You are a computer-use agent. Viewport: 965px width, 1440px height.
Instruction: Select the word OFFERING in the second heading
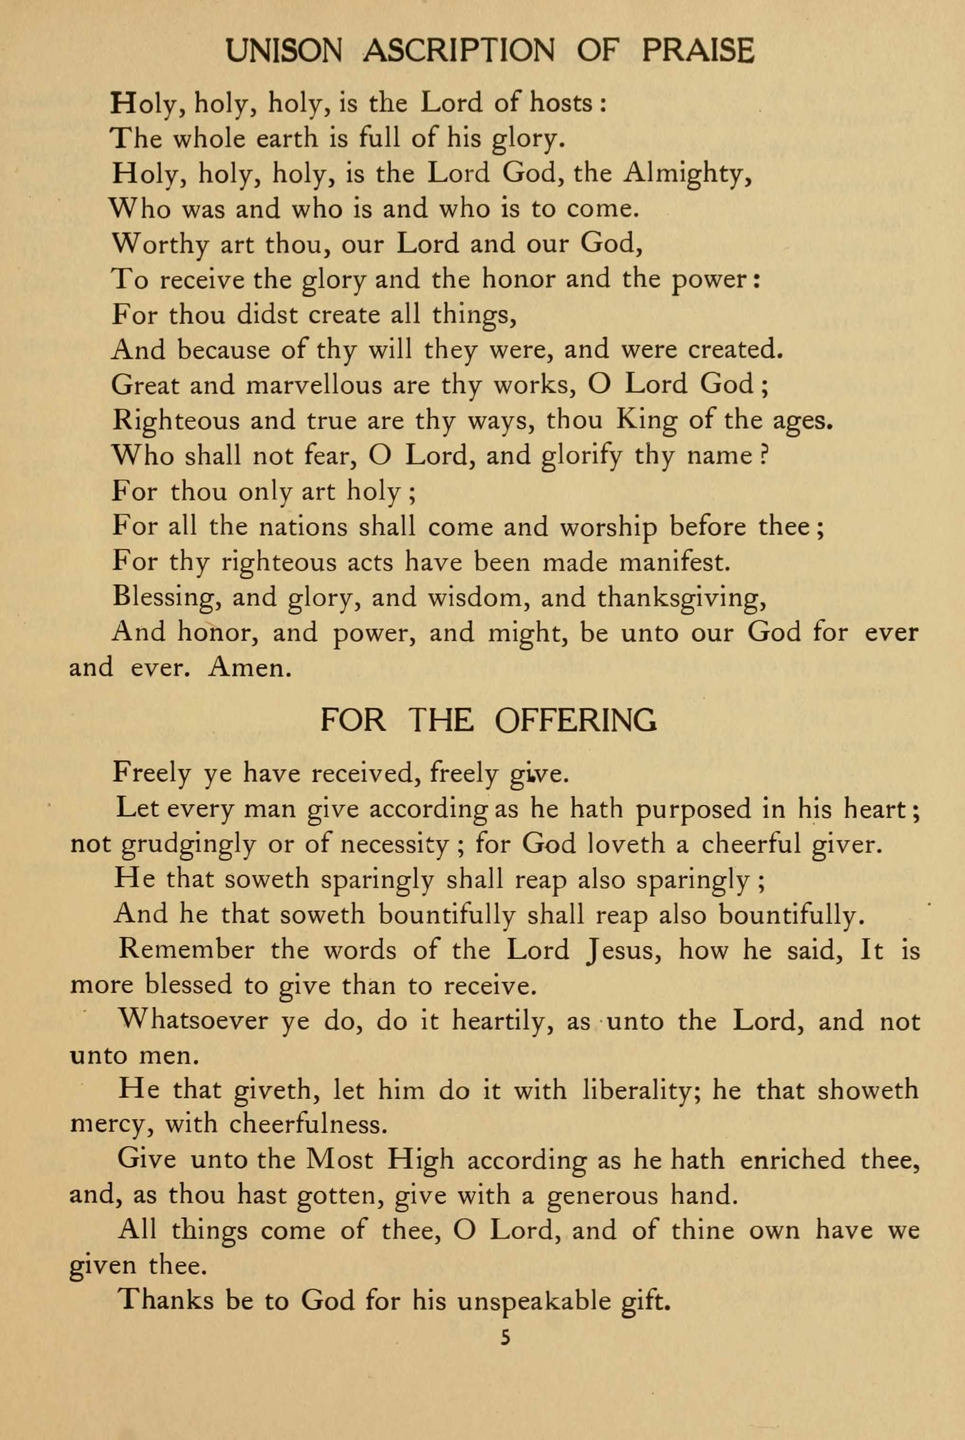coord(575,720)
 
